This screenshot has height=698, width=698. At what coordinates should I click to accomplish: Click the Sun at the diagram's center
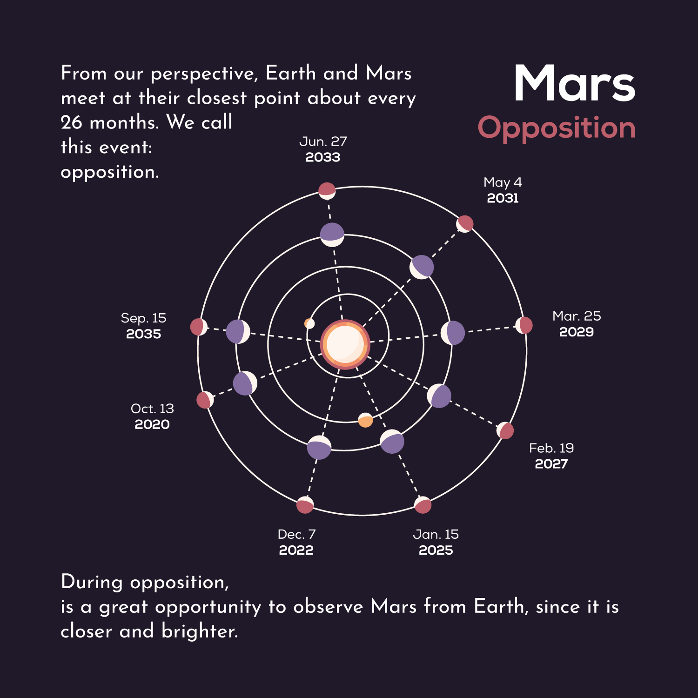345,344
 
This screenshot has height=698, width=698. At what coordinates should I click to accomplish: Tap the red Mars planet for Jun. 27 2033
327,191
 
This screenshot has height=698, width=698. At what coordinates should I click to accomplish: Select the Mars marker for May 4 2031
464,224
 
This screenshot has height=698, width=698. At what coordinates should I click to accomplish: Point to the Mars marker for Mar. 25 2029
524,325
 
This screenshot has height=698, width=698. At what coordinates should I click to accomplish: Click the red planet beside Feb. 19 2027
505,431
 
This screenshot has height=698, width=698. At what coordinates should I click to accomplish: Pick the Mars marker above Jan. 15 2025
423,505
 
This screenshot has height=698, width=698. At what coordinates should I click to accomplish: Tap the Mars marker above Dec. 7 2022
305,505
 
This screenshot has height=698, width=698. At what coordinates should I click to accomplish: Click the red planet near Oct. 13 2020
205,400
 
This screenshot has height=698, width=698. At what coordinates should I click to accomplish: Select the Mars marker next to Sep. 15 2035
199,327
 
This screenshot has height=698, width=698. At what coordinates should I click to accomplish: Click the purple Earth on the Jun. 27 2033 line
332,235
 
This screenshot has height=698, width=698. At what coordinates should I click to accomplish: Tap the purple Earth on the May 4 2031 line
422,267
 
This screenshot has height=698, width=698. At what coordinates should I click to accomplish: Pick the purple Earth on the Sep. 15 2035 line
238,332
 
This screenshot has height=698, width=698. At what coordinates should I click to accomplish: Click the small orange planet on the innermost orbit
309,323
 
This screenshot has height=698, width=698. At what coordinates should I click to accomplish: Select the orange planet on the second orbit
365,420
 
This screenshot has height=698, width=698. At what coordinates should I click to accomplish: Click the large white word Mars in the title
575,83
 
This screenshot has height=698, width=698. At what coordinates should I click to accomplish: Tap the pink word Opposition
557,128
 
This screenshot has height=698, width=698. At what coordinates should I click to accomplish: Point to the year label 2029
577,332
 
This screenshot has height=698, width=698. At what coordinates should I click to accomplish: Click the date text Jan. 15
436,534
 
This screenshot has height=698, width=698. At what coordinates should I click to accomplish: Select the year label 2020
152,424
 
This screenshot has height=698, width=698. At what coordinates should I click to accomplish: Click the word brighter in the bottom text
200,631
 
